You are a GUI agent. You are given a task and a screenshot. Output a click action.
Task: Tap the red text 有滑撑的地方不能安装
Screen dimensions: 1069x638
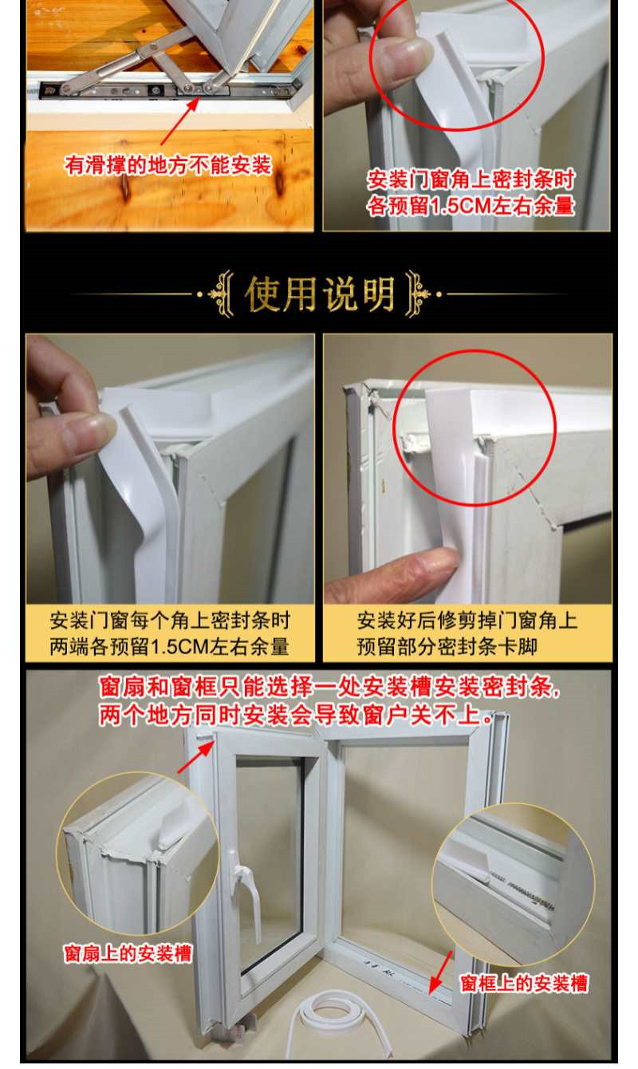168,165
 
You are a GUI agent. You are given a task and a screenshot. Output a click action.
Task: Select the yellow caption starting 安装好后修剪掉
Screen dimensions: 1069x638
467,633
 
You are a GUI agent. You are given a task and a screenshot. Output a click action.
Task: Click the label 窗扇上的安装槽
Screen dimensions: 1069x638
128,953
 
